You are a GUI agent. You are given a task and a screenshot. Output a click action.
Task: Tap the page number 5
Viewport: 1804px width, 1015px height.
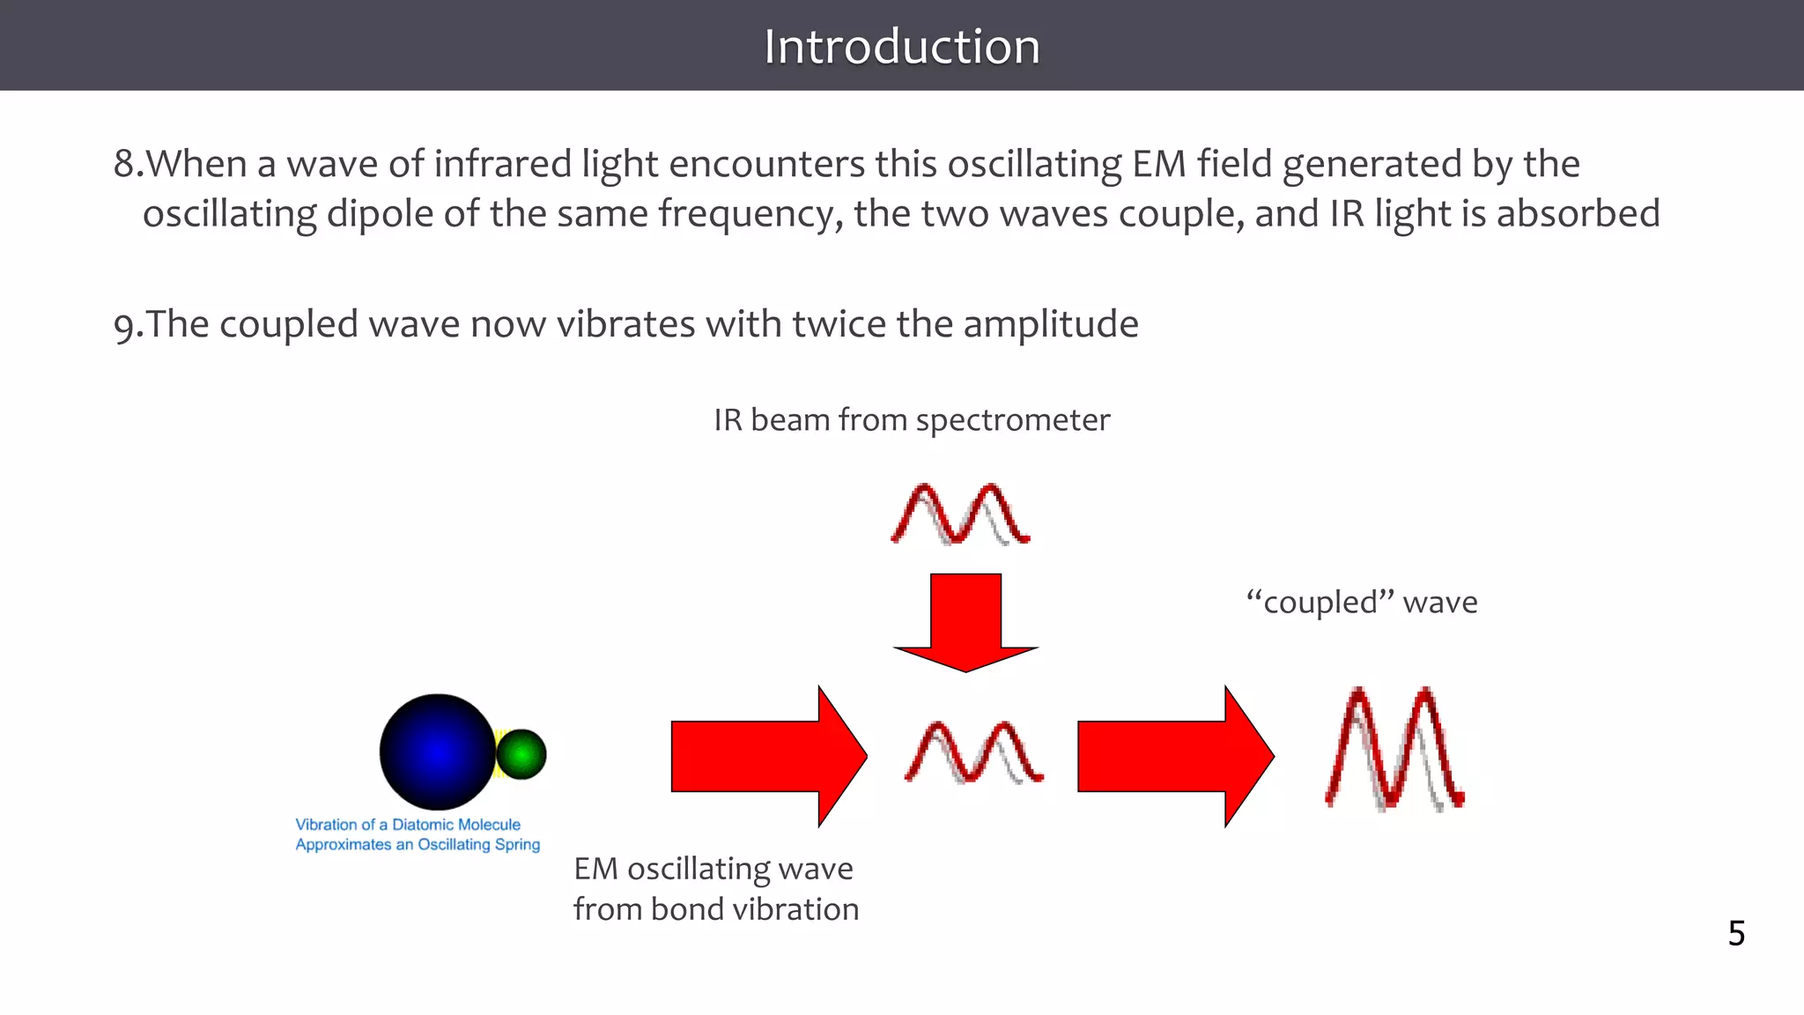pos(1735,933)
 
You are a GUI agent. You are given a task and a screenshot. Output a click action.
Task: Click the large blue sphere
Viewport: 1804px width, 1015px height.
pos(438,752)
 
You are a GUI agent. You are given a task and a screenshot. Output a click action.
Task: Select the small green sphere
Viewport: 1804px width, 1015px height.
pos(521,754)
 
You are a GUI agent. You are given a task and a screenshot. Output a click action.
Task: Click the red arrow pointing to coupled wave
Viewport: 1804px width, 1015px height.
pos(1175,756)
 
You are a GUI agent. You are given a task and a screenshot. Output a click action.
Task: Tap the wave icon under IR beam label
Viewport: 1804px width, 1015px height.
pos(960,514)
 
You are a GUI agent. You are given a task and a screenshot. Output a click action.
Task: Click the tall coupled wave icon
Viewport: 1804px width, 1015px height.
pos(1394,749)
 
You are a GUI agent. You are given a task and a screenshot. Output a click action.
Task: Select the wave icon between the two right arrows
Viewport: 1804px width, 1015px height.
pos(973,752)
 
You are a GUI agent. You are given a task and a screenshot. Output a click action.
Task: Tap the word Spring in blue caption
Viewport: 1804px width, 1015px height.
pos(517,844)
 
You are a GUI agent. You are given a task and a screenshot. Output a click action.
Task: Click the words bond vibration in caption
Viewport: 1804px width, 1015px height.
pos(754,909)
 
